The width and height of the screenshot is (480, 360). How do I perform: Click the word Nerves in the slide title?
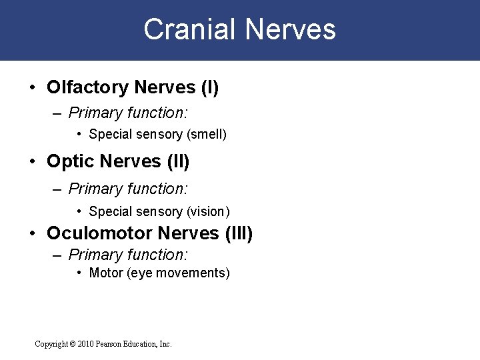290,30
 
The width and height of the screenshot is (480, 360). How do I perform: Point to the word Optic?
71,161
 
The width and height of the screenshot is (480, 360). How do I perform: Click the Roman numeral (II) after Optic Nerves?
178,161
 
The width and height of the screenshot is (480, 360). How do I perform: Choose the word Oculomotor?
99,233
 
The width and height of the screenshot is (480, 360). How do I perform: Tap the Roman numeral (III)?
238,233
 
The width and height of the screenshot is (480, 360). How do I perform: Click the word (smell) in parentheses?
207,135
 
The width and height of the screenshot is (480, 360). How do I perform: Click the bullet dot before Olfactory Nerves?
33,88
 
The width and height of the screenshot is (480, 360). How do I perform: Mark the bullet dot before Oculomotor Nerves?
33,234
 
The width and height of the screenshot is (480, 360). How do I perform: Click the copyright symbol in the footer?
72,344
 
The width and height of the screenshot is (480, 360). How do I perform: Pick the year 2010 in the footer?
86,344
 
